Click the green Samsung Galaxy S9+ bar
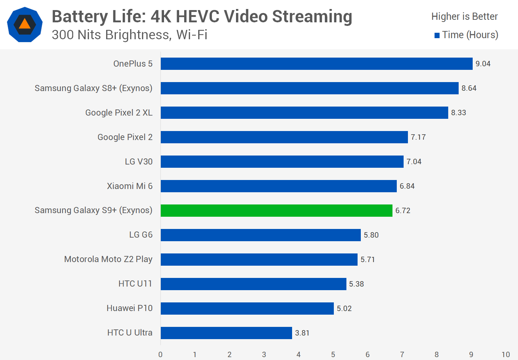click(x=276, y=211)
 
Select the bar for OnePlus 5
click(x=317, y=64)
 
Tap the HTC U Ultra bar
click(x=226, y=333)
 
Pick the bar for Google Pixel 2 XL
click(x=304, y=113)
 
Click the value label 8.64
click(x=469, y=88)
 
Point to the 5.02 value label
click(x=344, y=309)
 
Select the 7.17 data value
click(x=418, y=137)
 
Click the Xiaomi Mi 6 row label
click(x=129, y=186)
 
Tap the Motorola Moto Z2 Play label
click(x=108, y=259)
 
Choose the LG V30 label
click(x=138, y=162)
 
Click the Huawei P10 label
click(x=129, y=308)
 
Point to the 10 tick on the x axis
click(x=505, y=355)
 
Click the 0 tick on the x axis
click(x=160, y=355)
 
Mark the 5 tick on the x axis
click(x=333, y=355)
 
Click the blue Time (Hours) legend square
click(x=437, y=35)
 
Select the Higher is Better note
click(x=464, y=17)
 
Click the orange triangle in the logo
click(x=24, y=24)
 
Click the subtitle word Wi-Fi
click(x=192, y=35)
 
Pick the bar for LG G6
click(x=260, y=235)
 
